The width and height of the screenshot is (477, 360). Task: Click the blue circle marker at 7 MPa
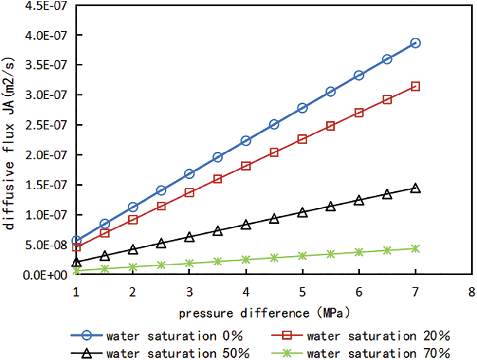415,43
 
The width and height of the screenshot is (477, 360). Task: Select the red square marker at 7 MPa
415,86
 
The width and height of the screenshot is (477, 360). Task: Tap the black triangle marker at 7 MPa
415,188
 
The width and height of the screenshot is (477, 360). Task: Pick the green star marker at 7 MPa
415,248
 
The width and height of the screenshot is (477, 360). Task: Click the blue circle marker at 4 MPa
246,141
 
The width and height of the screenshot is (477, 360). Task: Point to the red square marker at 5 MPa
302,139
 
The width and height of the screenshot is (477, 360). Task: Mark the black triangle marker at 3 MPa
189,237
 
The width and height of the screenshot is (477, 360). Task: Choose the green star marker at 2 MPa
133,267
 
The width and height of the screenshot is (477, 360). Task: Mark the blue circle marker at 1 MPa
76,241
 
